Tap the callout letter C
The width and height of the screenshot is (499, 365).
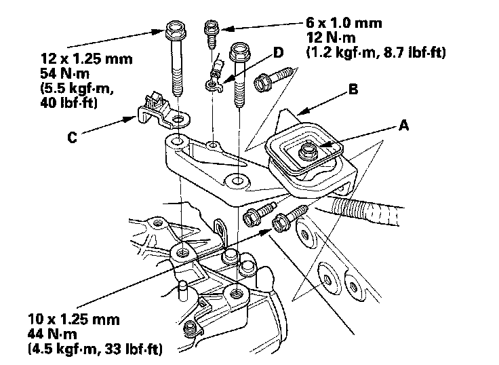[73, 136]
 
